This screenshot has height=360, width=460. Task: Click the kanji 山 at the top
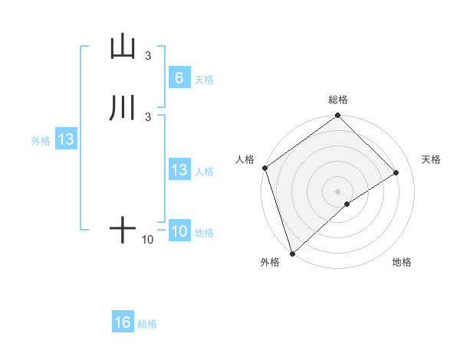click(123, 47)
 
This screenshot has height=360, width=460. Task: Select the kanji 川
click(123, 108)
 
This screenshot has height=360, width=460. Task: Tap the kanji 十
click(123, 230)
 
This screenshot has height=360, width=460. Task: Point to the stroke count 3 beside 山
click(148, 55)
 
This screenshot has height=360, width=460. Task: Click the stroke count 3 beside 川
click(148, 116)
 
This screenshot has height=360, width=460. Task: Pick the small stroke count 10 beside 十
click(147, 240)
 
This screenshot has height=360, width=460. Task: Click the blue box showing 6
click(179, 77)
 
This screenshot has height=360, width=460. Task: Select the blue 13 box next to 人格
click(179, 170)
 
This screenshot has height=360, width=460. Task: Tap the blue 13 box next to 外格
click(65, 139)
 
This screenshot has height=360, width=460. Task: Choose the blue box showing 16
click(123, 322)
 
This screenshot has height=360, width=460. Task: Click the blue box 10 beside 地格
click(179, 231)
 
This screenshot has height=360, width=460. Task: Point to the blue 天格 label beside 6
click(204, 79)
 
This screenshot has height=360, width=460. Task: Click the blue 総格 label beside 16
click(147, 324)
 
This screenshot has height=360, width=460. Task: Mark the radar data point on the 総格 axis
click(337, 116)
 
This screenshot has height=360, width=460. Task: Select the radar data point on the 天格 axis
click(396, 173)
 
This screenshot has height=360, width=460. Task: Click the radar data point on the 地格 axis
click(347, 204)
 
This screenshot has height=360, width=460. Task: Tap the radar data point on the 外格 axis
click(292, 252)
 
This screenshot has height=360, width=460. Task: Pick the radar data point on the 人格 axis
click(264, 168)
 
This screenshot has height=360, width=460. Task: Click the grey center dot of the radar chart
click(337, 191)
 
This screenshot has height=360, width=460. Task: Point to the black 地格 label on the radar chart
click(402, 262)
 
